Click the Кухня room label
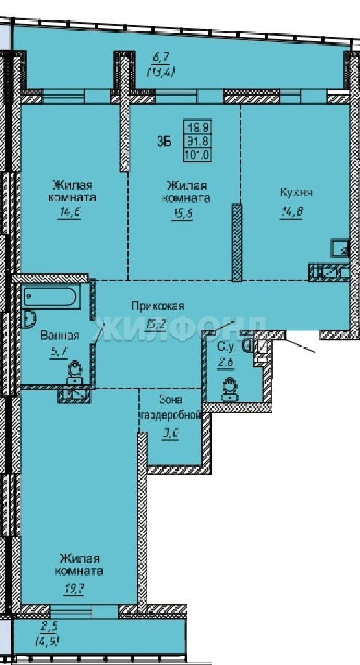click(296, 192)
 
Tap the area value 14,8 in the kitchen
click(291, 213)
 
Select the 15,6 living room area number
click(182, 214)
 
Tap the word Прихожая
click(157, 305)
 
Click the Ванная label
click(60, 336)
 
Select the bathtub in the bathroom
click(50, 297)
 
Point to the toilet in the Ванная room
click(75, 372)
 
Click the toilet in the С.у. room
click(230, 390)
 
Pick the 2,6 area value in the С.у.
click(225, 364)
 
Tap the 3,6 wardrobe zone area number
click(169, 435)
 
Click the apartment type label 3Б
click(164, 142)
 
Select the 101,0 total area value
click(197, 155)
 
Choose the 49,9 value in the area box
click(197, 126)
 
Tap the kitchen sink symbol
click(340, 248)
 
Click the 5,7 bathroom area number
click(59, 351)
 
